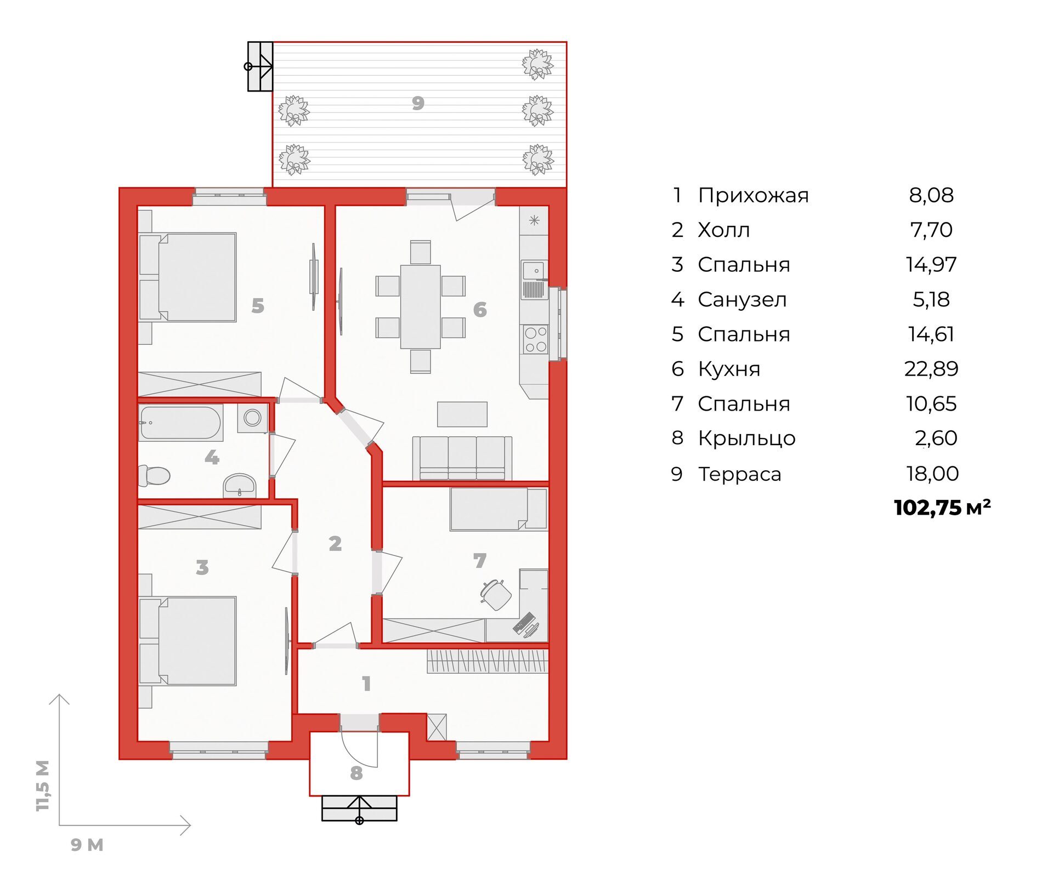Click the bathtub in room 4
[x=181, y=423]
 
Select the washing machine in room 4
[x=252, y=418]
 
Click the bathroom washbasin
[x=239, y=485]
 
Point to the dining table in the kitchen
[x=421, y=306]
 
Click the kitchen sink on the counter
[x=534, y=280]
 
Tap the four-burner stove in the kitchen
[x=535, y=339]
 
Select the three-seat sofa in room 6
[x=462, y=458]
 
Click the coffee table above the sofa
[x=462, y=414]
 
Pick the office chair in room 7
[x=496, y=594]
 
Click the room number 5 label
[x=258, y=305]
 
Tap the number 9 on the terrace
[x=418, y=103]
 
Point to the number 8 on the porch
[x=356, y=773]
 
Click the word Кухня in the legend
[x=729, y=369]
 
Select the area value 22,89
[x=931, y=369]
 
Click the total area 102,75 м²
[x=942, y=508]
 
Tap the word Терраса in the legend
[x=739, y=474]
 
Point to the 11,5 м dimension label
[x=43, y=785]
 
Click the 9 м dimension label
[x=87, y=845]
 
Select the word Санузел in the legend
[x=742, y=299]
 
